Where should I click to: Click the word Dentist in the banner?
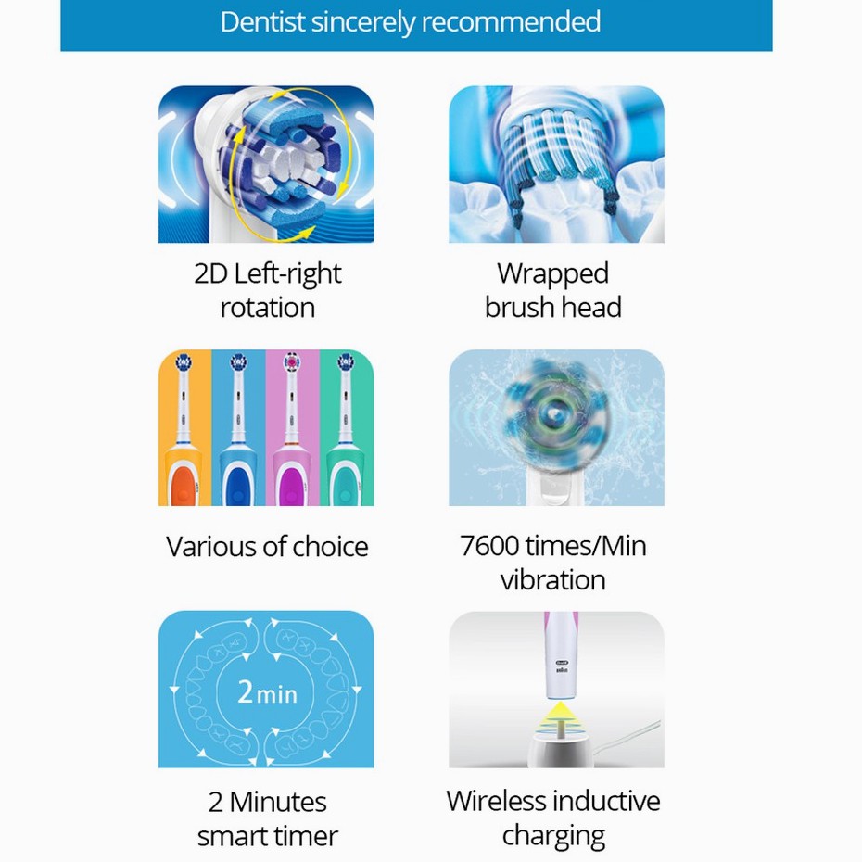263,22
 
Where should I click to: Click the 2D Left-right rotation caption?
268,290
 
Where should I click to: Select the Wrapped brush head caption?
553,290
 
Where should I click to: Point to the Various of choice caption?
267,547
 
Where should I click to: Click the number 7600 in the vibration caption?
489,546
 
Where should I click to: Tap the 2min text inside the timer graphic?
268,691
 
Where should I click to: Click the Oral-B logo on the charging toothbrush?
562,663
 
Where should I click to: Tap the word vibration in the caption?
553,580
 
